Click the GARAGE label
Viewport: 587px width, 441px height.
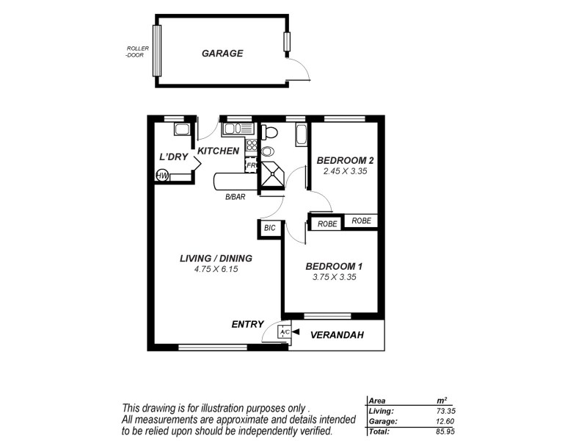tap(222, 54)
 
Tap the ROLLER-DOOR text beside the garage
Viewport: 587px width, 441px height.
tap(137, 51)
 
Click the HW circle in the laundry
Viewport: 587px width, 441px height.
tap(162, 175)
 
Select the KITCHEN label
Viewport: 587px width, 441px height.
tap(218, 151)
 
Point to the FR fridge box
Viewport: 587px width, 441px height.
tap(251, 165)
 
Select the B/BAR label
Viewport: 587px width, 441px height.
tap(235, 197)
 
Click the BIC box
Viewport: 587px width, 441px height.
tap(269, 229)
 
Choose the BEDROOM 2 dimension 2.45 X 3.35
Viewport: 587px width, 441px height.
tap(345, 171)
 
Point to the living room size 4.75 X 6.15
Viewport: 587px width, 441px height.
tap(216, 269)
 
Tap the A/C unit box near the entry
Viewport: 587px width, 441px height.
tap(284, 333)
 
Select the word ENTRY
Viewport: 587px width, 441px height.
tap(247, 324)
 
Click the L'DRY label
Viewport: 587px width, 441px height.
tap(174, 157)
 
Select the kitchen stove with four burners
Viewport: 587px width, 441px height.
tap(251, 145)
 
